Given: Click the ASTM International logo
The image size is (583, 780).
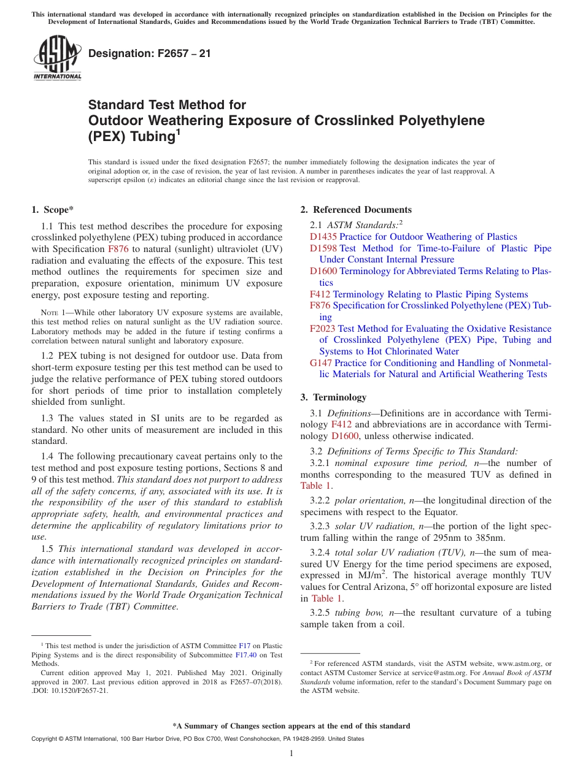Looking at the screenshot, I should pyautogui.click(x=57, y=58).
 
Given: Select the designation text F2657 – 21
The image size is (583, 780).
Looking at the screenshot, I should pyautogui.click(x=149, y=53).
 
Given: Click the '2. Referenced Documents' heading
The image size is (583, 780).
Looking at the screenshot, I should pyautogui.click(x=356, y=210).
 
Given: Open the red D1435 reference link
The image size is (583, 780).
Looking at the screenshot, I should pyautogui.click(x=323, y=237).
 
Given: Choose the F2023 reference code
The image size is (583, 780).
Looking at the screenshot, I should pyautogui.click(x=322, y=329).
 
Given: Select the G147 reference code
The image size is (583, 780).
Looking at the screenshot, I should pyautogui.click(x=322, y=363).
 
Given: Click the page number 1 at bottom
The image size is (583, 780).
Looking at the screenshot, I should pyautogui.click(x=291, y=753).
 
